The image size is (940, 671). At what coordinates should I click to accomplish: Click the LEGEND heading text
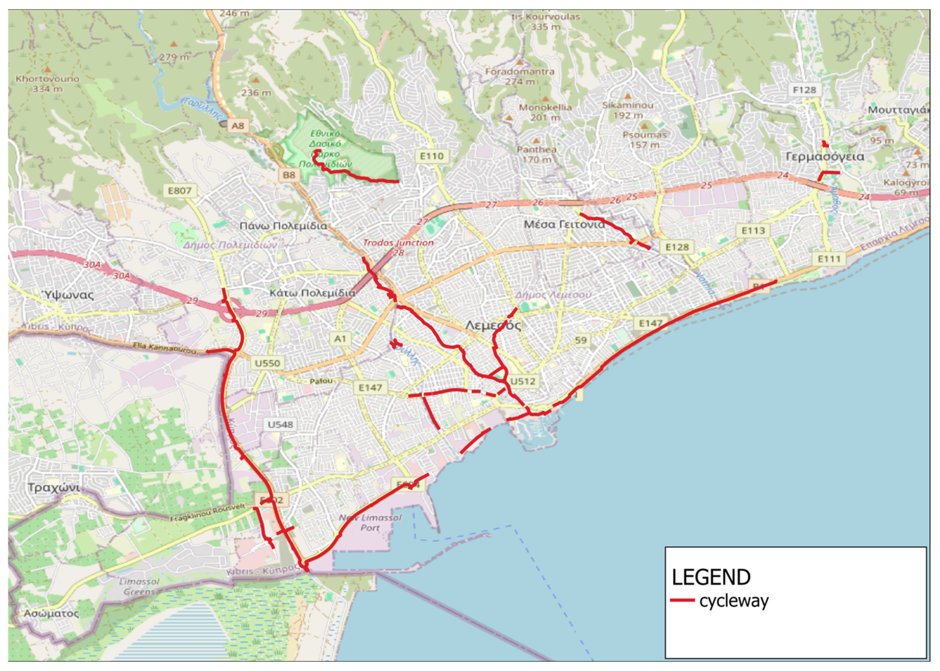(711, 577)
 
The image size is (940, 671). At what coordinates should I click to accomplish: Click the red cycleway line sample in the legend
(682, 600)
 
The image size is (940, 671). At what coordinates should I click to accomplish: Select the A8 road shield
(238, 126)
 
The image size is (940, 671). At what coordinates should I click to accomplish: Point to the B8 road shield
(289, 175)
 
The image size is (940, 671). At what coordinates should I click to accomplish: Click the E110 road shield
(432, 156)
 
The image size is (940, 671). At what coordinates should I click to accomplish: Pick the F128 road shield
(805, 90)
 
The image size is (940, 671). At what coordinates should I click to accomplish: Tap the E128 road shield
(677, 247)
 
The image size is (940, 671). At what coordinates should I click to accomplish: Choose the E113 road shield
(753, 231)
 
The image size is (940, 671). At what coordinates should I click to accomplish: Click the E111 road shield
(829, 259)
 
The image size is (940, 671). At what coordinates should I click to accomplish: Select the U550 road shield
(267, 363)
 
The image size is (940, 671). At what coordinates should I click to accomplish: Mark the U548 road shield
(280, 424)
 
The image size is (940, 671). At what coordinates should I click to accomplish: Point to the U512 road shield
(523, 381)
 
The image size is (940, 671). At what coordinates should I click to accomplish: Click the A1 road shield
(340, 339)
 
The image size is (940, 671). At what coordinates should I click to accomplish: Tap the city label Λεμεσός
(493, 325)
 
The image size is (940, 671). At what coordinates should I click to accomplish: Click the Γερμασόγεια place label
(824, 157)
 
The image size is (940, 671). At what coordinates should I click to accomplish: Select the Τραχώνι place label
(54, 488)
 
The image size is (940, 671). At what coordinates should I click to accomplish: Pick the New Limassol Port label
(370, 523)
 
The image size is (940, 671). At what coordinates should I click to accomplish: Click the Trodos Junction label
(398, 243)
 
